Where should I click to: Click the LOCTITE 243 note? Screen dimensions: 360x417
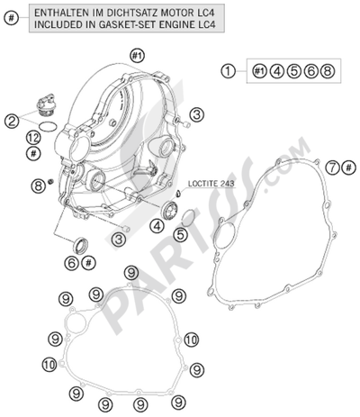[211, 184]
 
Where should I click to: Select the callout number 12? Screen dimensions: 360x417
[33, 139]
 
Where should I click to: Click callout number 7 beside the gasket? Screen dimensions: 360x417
[332, 168]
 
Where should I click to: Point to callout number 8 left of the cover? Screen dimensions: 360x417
[39, 186]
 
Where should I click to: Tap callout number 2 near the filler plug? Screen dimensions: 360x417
[12, 122]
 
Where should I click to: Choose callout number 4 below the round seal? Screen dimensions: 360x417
[157, 226]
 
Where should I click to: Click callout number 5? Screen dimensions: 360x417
[180, 235]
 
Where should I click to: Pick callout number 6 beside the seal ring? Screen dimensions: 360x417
[72, 263]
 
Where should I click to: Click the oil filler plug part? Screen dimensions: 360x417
[44, 104]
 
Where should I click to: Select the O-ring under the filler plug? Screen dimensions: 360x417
[48, 127]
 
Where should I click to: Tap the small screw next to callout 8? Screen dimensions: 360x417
[51, 182]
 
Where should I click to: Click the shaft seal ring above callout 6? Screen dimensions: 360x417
[80, 245]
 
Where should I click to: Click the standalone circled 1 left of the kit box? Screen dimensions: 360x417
[229, 71]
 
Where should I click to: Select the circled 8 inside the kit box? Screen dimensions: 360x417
[327, 71]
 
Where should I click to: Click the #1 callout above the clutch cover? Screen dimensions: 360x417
[137, 56]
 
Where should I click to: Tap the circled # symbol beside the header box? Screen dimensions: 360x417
[12, 18]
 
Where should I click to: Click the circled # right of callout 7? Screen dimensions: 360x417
[348, 168]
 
